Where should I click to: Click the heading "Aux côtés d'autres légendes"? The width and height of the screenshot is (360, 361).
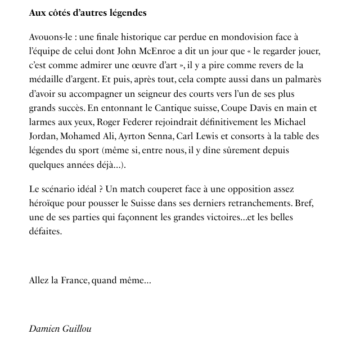pyautogui.click(x=88, y=13)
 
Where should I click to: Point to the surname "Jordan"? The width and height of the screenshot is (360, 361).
pyautogui.click(x=43, y=136)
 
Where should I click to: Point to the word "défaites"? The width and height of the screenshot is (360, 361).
pyautogui.click(x=45, y=231)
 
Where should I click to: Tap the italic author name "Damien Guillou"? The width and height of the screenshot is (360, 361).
pyautogui.click(x=60, y=329)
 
